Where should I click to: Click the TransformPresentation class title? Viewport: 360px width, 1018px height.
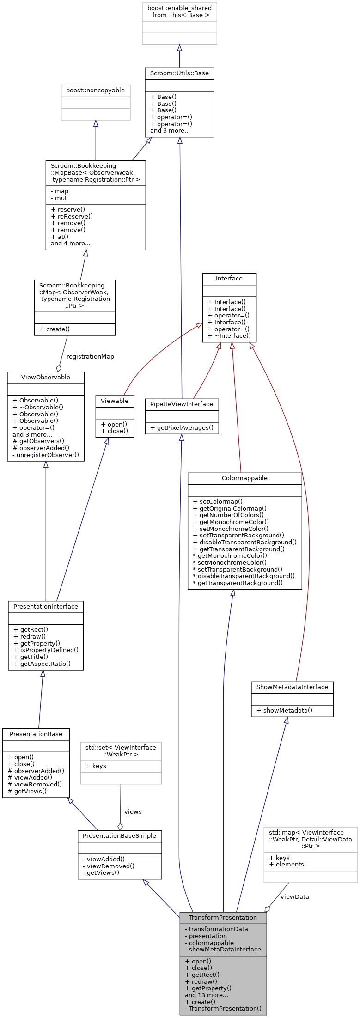(x=223, y=917)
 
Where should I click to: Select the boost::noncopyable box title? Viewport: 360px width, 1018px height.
(x=96, y=91)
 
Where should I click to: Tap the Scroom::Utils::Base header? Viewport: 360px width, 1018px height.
(x=179, y=73)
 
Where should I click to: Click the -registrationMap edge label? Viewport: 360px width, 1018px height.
(x=89, y=357)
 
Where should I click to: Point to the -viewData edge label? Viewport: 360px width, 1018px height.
(x=293, y=896)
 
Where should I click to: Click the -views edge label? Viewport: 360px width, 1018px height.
(x=132, y=811)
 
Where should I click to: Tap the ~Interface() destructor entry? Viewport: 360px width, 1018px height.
(x=229, y=336)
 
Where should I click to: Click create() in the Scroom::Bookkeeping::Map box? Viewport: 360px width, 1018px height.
(x=55, y=329)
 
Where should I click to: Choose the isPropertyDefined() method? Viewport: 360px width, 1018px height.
(x=46, y=650)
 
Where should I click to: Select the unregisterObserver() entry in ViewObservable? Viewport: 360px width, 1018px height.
(x=46, y=455)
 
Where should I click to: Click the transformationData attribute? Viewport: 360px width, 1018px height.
(x=216, y=929)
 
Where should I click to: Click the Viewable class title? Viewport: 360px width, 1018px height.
(x=115, y=401)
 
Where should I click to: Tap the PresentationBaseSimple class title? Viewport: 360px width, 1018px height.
(x=119, y=835)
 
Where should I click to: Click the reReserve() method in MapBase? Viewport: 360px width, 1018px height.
(x=72, y=216)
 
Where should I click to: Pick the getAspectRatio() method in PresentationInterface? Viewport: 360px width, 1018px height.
(x=42, y=664)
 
